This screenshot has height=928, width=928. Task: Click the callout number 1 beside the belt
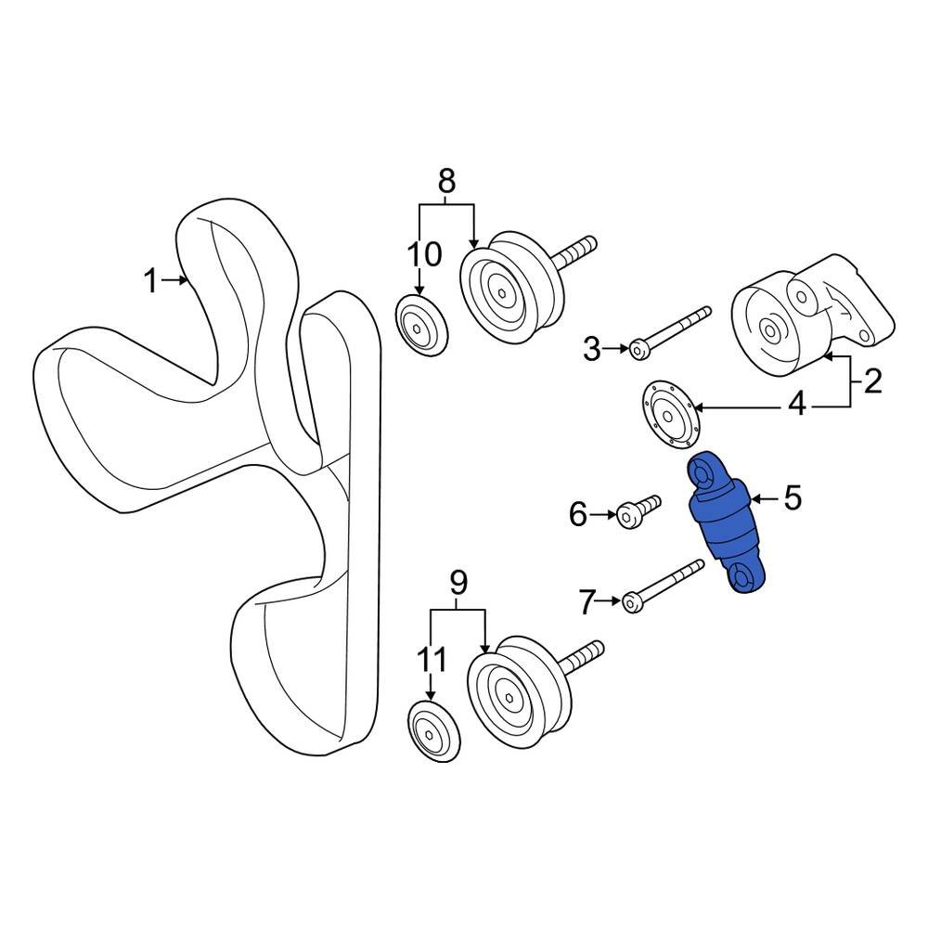(x=150, y=280)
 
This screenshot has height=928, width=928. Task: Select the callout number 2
(x=871, y=381)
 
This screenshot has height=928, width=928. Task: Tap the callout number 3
(x=591, y=350)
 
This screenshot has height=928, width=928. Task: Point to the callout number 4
(x=796, y=406)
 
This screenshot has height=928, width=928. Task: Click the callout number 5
(x=792, y=499)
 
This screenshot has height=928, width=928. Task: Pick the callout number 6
(x=578, y=513)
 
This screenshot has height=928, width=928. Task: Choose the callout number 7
(x=586, y=602)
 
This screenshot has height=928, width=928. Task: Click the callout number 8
(x=446, y=180)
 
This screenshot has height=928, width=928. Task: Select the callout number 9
(x=458, y=582)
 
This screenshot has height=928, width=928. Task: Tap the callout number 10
(x=422, y=251)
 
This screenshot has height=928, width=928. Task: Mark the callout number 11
(x=432, y=660)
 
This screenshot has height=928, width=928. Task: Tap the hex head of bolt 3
(x=639, y=349)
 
